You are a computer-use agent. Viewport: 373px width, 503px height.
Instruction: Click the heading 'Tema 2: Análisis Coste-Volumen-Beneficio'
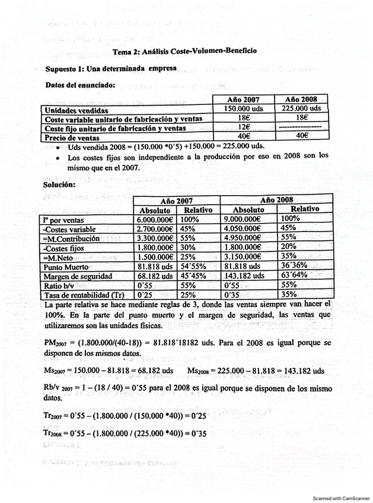tap(184, 52)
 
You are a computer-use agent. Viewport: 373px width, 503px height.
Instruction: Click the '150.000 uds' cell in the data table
tap(243, 109)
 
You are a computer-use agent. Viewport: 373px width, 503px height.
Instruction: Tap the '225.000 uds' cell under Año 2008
tap(303, 109)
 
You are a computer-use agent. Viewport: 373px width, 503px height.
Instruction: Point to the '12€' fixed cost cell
tap(243, 127)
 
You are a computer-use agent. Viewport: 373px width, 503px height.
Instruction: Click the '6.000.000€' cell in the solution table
tap(155, 219)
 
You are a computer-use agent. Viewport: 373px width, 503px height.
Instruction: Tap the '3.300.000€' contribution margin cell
tap(155, 238)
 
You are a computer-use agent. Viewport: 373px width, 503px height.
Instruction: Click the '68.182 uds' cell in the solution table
tap(155, 276)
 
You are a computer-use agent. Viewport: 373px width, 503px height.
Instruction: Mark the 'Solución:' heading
tap(59, 184)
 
